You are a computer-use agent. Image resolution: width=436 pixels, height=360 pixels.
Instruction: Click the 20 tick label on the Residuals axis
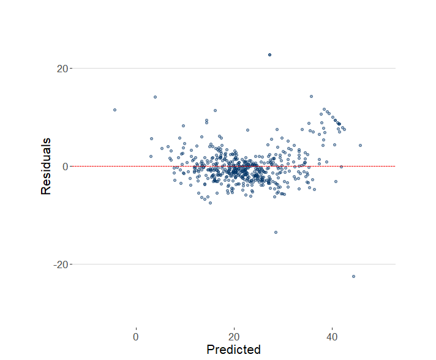(x=61, y=69)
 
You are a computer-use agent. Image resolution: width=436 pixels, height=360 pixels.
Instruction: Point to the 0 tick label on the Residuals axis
(x=64, y=167)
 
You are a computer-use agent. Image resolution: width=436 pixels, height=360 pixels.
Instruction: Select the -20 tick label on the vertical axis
(x=59, y=264)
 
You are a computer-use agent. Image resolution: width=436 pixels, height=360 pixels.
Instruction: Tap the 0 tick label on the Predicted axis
(x=136, y=337)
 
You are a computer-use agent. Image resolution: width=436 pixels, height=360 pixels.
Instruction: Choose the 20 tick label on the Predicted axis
(x=234, y=337)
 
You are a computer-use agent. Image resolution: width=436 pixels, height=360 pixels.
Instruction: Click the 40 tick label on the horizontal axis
(x=332, y=337)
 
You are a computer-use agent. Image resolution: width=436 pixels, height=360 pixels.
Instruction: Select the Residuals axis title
(x=46, y=167)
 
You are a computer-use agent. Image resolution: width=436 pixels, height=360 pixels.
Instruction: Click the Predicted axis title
(x=233, y=350)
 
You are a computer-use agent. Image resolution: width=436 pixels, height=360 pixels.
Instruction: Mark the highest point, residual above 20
(x=269, y=55)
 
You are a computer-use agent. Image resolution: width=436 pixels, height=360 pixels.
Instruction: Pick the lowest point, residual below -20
(x=353, y=276)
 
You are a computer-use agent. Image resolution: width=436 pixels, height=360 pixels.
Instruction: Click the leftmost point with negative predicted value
(x=115, y=110)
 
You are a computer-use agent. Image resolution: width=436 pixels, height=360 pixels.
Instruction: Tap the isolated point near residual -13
(x=276, y=232)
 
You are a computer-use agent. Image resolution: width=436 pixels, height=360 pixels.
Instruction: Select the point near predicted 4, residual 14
(x=155, y=97)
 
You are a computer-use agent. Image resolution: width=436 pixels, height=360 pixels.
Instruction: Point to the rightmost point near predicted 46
(x=360, y=145)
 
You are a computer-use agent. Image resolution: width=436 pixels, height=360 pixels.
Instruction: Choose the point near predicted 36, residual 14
(x=311, y=96)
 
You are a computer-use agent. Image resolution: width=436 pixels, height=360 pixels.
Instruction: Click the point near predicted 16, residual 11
(x=215, y=111)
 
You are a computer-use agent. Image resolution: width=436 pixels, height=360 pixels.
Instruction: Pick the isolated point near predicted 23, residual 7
(x=247, y=130)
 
